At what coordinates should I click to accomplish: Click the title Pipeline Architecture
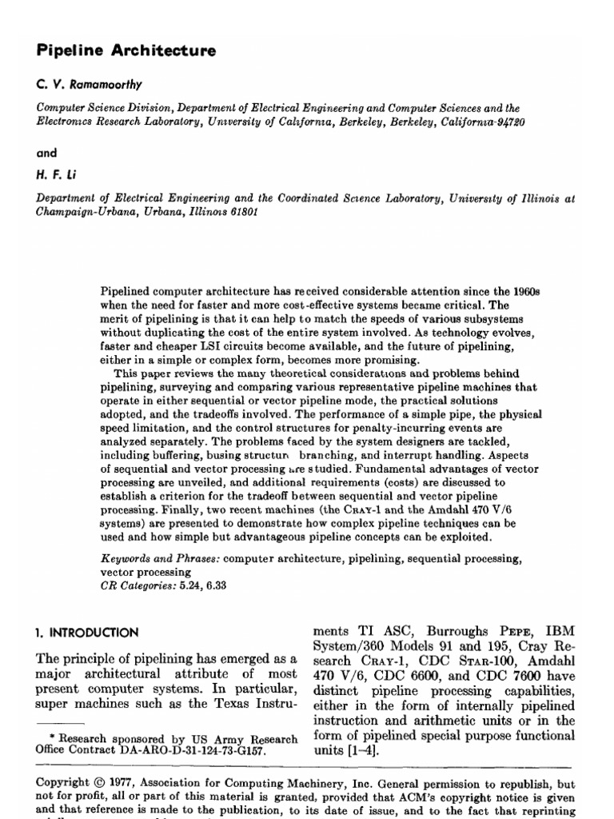click(126, 50)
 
